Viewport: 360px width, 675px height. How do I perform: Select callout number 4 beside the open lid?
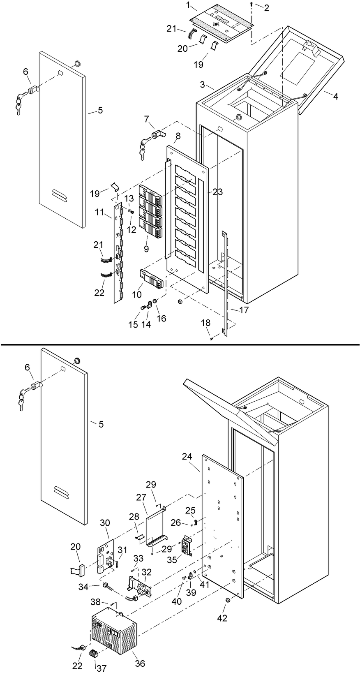click(x=336, y=97)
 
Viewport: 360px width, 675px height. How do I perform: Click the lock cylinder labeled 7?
click(x=157, y=134)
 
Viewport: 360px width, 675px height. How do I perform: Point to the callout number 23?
click(x=217, y=192)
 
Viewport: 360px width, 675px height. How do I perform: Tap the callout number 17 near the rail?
click(x=244, y=310)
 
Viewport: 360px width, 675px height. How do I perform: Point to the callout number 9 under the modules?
click(x=146, y=249)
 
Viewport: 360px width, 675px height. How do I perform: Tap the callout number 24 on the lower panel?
click(x=187, y=456)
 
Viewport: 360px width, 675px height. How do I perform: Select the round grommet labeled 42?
click(x=227, y=601)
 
